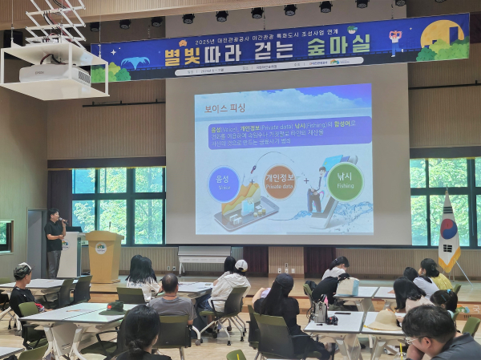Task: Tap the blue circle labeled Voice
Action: tap(224, 184)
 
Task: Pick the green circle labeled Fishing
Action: tap(345, 181)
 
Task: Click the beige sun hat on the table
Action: tap(386, 319)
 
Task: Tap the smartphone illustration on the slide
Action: tap(245, 212)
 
